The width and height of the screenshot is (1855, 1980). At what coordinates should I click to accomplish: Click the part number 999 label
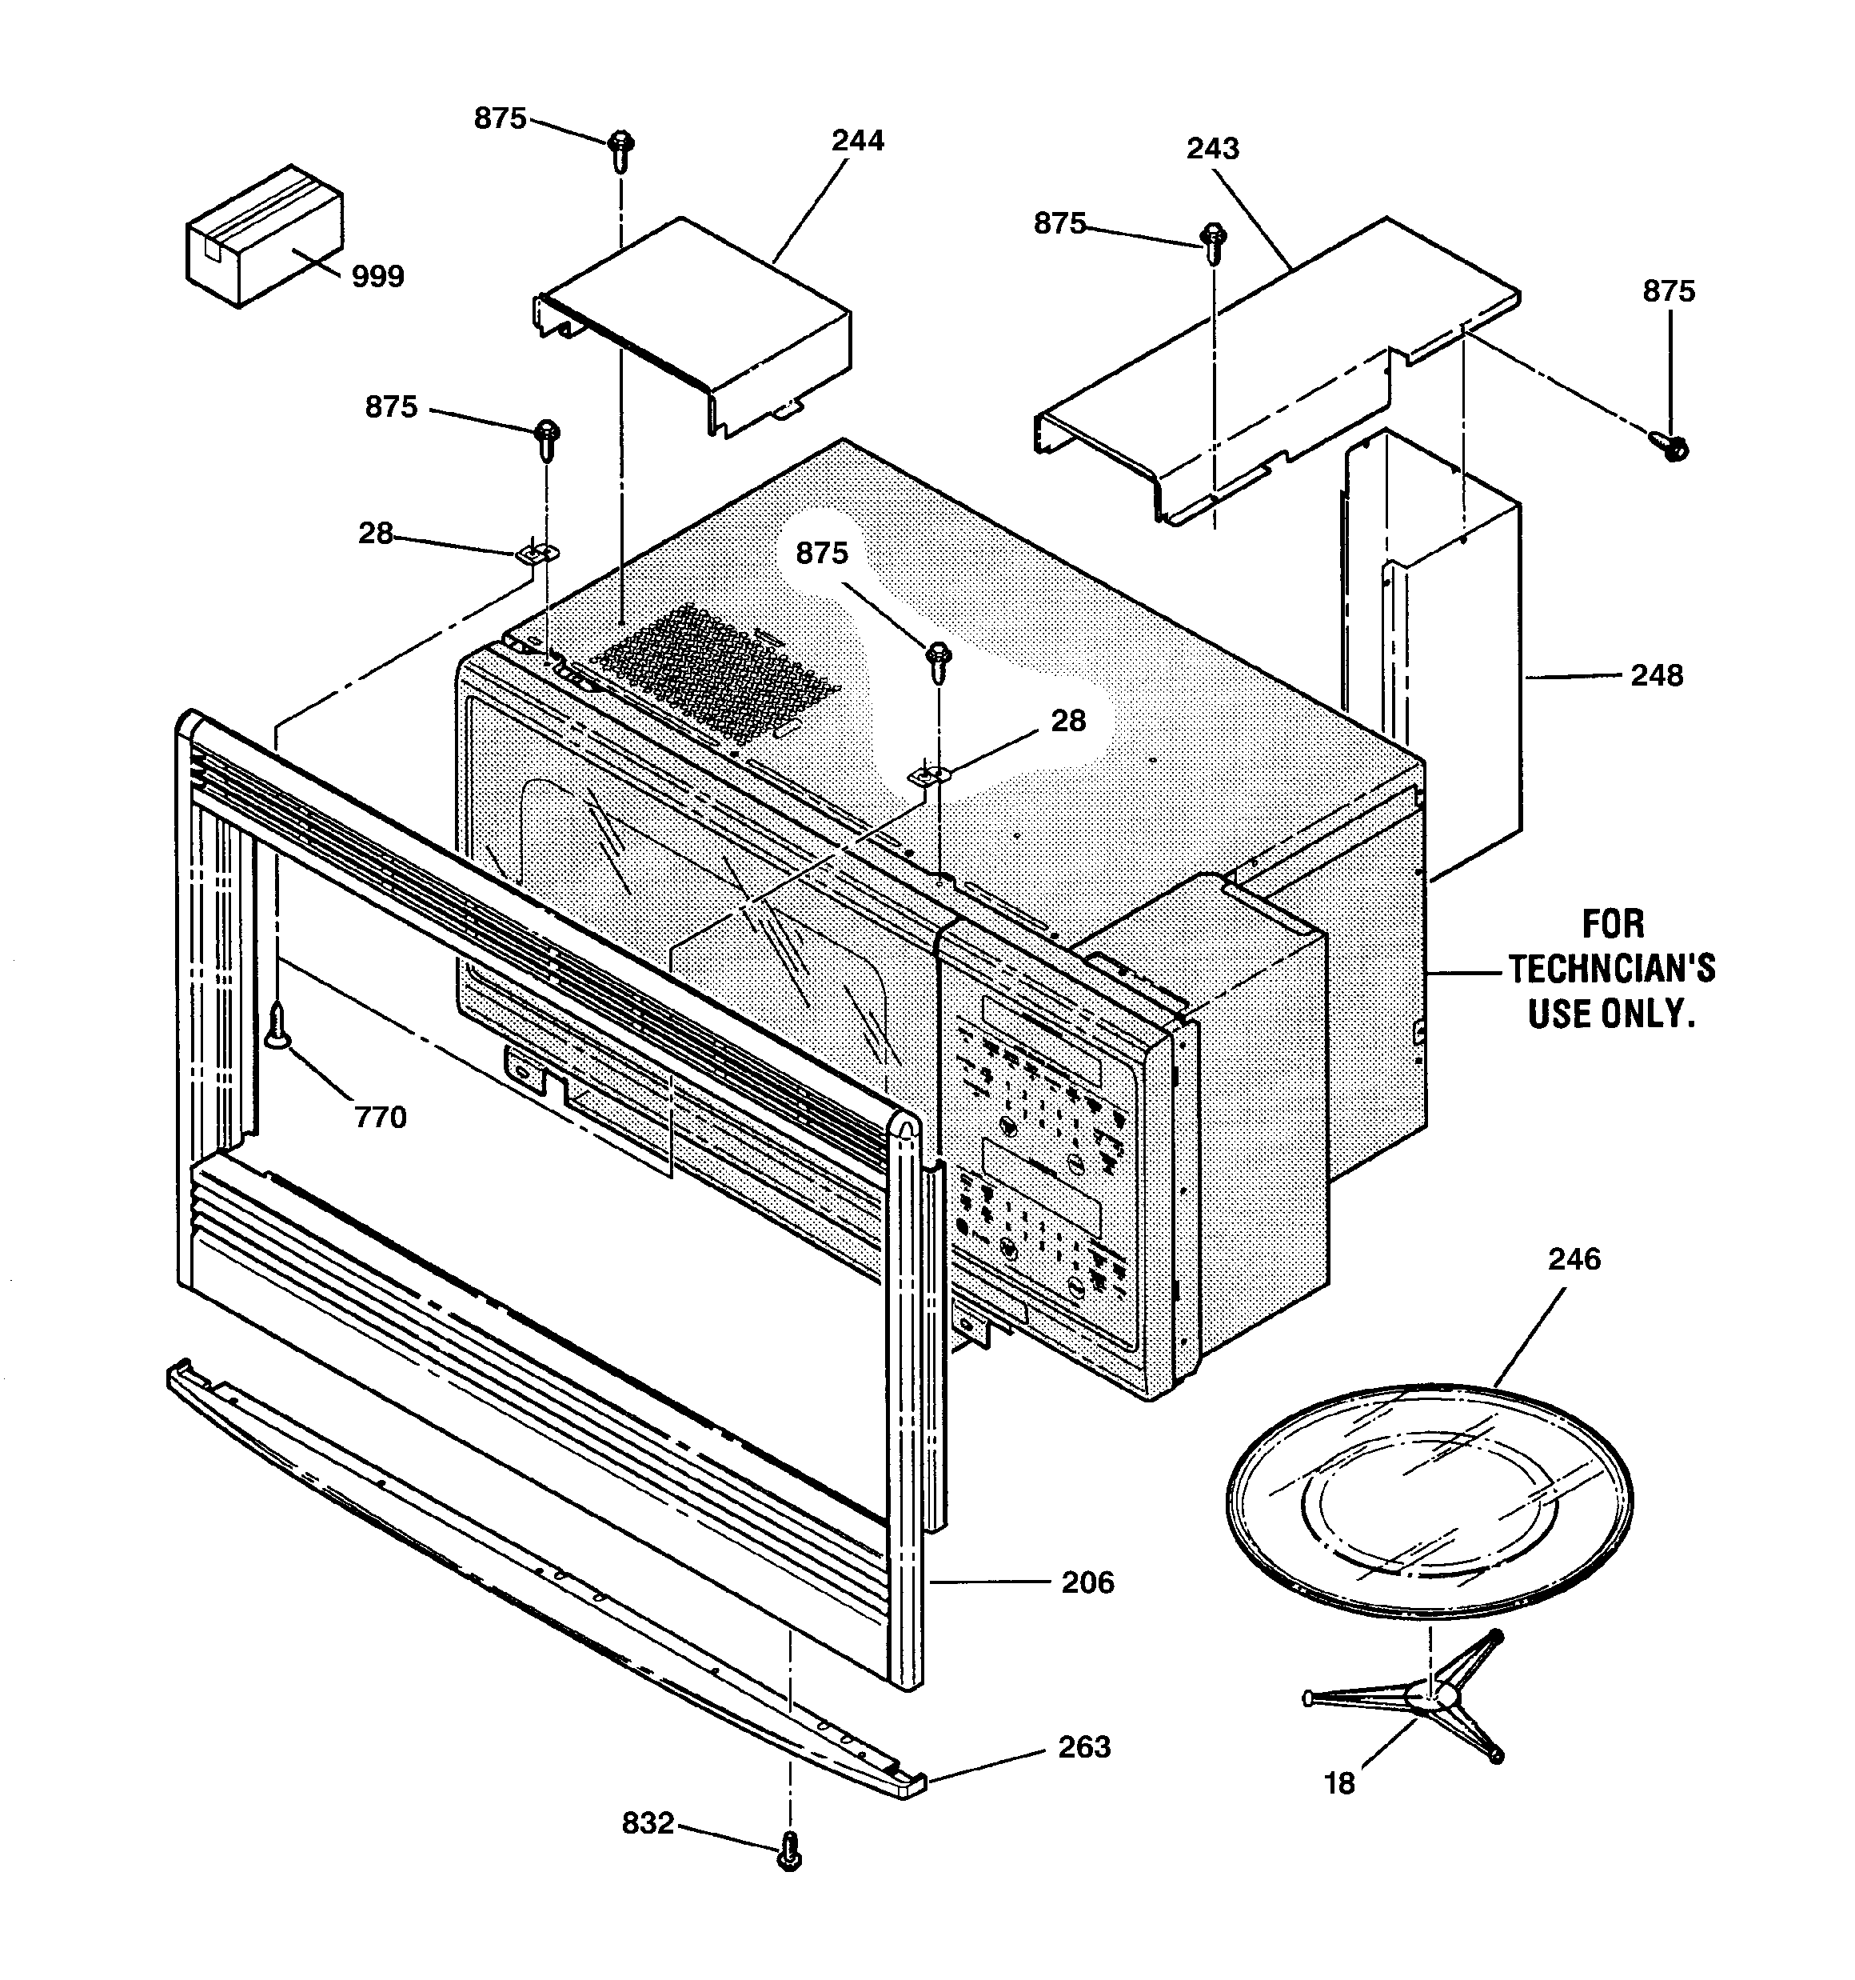pyautogui.click(x=377, y=277)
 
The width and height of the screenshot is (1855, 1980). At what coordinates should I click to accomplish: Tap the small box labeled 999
pyautogui.click(x=264, y=236)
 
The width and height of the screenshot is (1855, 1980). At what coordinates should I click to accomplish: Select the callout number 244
pyautogui.click(x=857, y=141)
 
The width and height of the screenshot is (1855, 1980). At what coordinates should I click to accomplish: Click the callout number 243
pyautogui.click(x=1212, y=149)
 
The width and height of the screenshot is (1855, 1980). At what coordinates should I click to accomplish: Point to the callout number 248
pyautogui.click(x=1656, y=675)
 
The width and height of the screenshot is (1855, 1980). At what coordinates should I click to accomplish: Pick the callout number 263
pyautogui.click(x=1083, y=1747)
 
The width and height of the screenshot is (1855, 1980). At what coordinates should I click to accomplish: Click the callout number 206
pyautogui.click(x=1087, y=1582)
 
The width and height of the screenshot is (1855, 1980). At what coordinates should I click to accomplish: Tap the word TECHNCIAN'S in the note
pyautogui.click(x=1611, y=968)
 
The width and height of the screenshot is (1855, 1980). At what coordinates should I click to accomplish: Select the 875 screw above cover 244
pyautogui.click(x=621, y=150)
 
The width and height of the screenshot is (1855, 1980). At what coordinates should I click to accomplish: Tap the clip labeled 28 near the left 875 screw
pyautogui.click(x=541, y=554)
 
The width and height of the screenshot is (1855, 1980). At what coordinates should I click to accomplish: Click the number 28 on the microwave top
pyautogui.click(x=1067, y=720)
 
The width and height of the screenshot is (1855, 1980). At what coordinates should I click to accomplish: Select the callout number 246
pyautogui.click(x=1574, y=1259)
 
